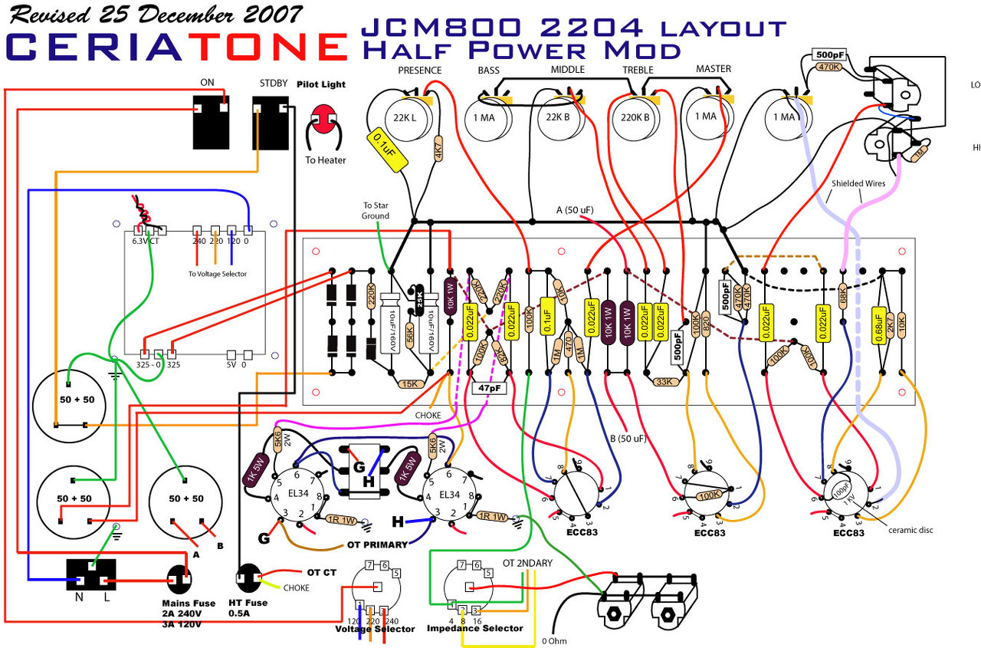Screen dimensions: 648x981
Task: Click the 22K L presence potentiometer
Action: pyautogui.click(x=405, y=119)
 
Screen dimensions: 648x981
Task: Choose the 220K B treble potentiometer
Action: pyautogui.click(x=635, y=119)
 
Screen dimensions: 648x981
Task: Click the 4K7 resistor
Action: pyautogui.click(x=438, y=148)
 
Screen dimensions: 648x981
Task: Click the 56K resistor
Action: pyautogui.click(x=410, y=334)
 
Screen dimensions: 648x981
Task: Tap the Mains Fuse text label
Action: pyautogui.click(x=188, y=604)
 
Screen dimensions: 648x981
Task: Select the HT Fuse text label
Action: pyautogui.click(x=248, y=603)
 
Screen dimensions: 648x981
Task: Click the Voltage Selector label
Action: pyautogui.click(x=375, y=629)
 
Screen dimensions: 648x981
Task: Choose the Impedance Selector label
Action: pyautogui.click(x=474, y=628)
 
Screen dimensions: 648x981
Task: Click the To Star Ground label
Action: pyautogui.click(x=376, y=211)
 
